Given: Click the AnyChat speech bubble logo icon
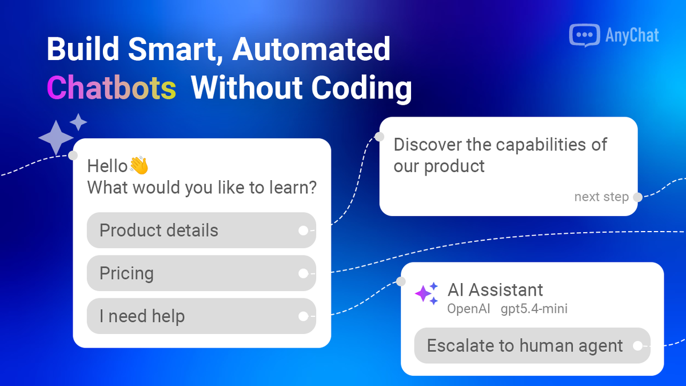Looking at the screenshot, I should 584,35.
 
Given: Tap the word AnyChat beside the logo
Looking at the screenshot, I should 632,35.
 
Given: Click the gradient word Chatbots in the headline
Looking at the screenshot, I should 111,88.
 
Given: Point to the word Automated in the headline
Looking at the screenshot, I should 311,49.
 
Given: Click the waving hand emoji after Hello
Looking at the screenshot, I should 139,165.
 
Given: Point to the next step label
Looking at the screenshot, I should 601,197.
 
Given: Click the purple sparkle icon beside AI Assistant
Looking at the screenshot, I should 426,293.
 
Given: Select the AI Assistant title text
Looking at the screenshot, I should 495,289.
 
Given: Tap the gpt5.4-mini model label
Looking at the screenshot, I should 534,309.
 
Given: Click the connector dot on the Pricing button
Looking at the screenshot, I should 303,273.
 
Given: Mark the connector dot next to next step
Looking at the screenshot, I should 637,197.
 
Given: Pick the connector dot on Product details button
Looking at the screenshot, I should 303,230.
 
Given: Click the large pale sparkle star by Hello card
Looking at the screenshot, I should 55,137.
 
